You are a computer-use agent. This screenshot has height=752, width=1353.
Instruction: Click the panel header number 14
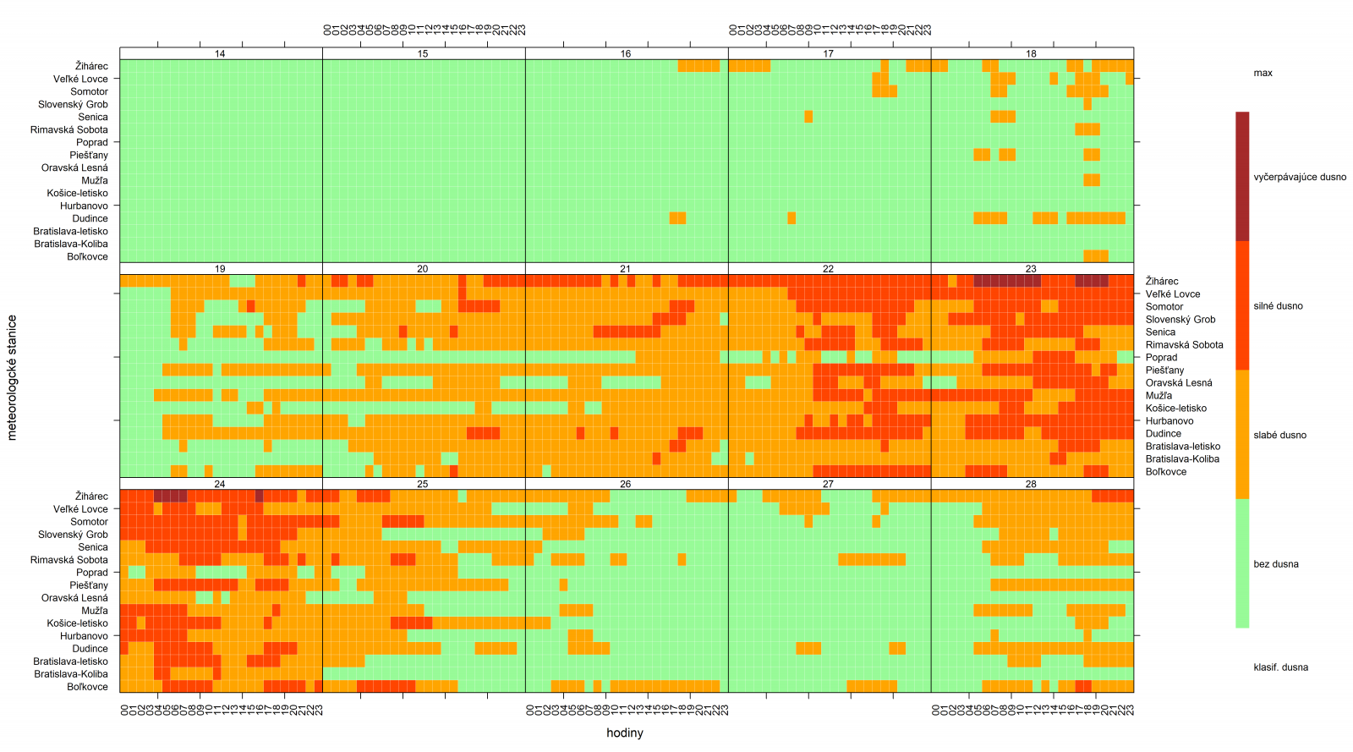[220, 54]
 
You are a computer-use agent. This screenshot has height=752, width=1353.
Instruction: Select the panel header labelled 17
[828, 54]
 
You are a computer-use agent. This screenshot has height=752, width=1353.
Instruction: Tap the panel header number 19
[220, 269]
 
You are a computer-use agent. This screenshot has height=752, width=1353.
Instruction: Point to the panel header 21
[625, 269]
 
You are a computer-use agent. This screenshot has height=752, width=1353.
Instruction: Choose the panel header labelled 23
[1031, 269]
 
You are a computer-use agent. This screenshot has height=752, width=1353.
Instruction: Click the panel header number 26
[625, 485]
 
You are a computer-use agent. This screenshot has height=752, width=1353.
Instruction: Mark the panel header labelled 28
[1031, 485]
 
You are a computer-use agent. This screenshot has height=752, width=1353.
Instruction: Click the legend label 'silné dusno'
[1278, 306]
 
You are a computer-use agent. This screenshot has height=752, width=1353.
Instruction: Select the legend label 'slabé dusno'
[1279, 436]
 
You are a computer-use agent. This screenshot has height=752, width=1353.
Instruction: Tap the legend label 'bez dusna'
[1276, 564]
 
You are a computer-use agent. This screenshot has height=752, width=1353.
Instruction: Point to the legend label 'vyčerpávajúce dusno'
[1300, 178]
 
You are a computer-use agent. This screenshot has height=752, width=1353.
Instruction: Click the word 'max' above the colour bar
[1263, 74]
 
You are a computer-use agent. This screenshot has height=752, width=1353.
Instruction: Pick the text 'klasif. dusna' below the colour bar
[1280, 667]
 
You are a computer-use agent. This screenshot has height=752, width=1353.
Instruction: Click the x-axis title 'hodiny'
[625, 733]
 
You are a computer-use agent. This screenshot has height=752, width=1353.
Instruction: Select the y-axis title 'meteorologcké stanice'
[12, 377]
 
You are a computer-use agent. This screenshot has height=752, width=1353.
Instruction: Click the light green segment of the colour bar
[1242, 563]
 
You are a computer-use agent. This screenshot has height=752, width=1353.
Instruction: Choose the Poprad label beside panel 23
[1161, 358]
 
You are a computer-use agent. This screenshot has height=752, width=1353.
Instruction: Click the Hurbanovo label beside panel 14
[84, 206]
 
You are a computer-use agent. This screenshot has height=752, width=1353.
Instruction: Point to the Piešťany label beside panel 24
[89, 585]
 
